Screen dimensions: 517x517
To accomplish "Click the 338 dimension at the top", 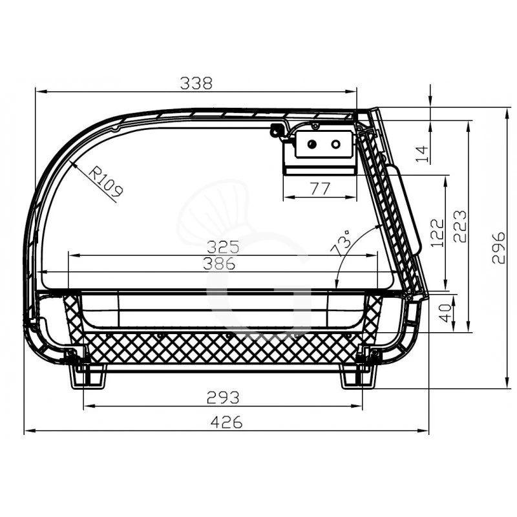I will click(x=196, y=83).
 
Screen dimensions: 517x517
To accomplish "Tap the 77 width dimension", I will click(x=319, y=189).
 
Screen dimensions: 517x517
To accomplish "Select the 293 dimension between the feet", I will click(x=222, y=397).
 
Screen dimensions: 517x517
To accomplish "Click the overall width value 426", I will click(x=226, y=423).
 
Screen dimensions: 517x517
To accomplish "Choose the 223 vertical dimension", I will click(x=460, y=226).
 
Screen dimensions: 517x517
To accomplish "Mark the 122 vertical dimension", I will click(x=438, y=233).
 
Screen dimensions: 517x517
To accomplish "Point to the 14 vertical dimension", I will click(x=421, y=153).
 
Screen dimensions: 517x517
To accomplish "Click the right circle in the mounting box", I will click(x=335, y=144).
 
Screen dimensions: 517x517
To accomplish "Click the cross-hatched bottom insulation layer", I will click(x=220, y=349).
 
